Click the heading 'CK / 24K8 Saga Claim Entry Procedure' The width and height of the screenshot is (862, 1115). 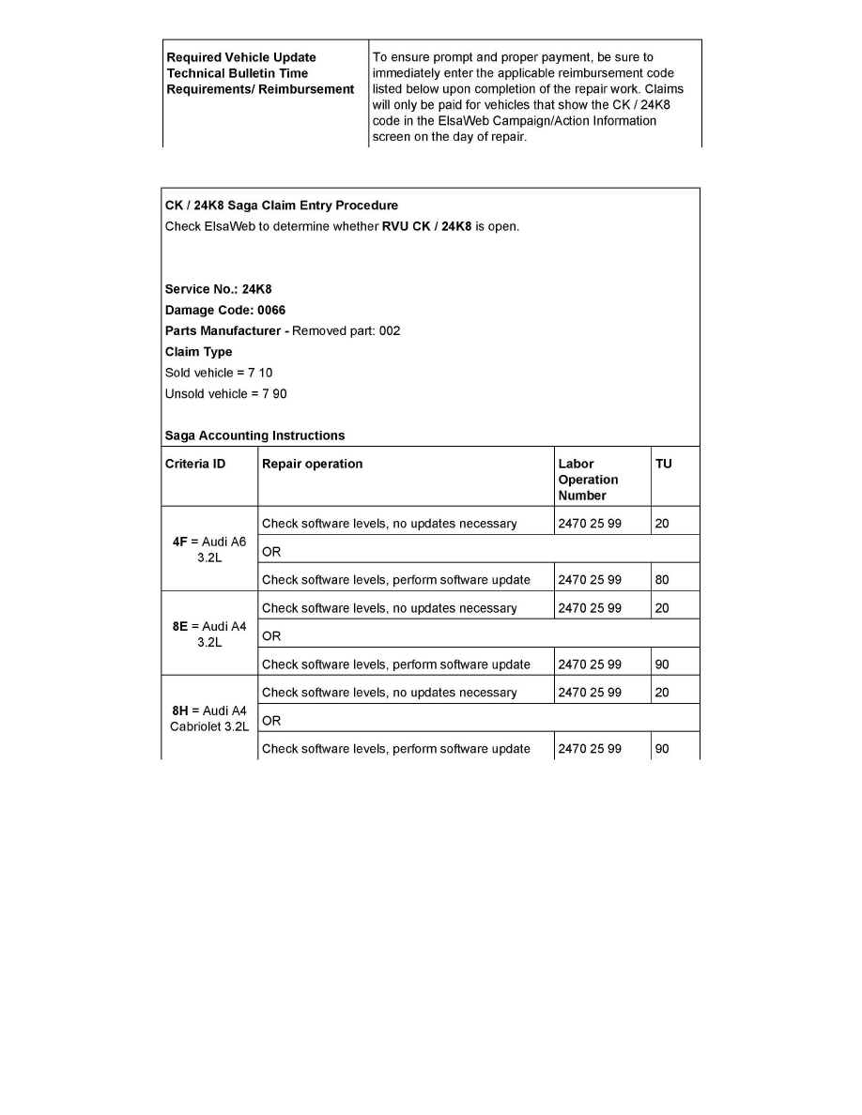tap(281, 206)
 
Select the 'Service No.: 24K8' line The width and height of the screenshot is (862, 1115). tap(218, 289)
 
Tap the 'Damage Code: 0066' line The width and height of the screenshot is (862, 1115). tap(225, 310)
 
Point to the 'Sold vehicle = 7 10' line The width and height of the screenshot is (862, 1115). tap(219, 373)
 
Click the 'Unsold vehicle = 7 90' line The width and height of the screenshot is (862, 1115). tap(225, 393)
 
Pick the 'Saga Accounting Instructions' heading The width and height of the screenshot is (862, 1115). tap(254, 435)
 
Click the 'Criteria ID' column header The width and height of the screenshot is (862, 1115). tap(195, 464)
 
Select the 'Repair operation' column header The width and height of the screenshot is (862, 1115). tap(312, 464)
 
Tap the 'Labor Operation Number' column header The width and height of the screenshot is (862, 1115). tap(588, 480)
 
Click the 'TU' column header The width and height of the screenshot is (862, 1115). tap(663, 464)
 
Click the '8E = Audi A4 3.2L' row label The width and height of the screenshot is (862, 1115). tap(208, 634)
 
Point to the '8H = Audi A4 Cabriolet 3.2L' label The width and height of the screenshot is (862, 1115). tap(208, 718)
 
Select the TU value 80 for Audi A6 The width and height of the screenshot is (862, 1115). tap(662, 580)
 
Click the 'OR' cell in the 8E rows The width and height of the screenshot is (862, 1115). tap(271, 635)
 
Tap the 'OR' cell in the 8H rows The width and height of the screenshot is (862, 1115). tap(271, 720)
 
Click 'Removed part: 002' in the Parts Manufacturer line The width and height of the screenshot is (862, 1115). tap(346, 331)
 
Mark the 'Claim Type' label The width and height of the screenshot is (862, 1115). tap(198, 352)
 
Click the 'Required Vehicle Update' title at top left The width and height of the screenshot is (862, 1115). tap(241, 57)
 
